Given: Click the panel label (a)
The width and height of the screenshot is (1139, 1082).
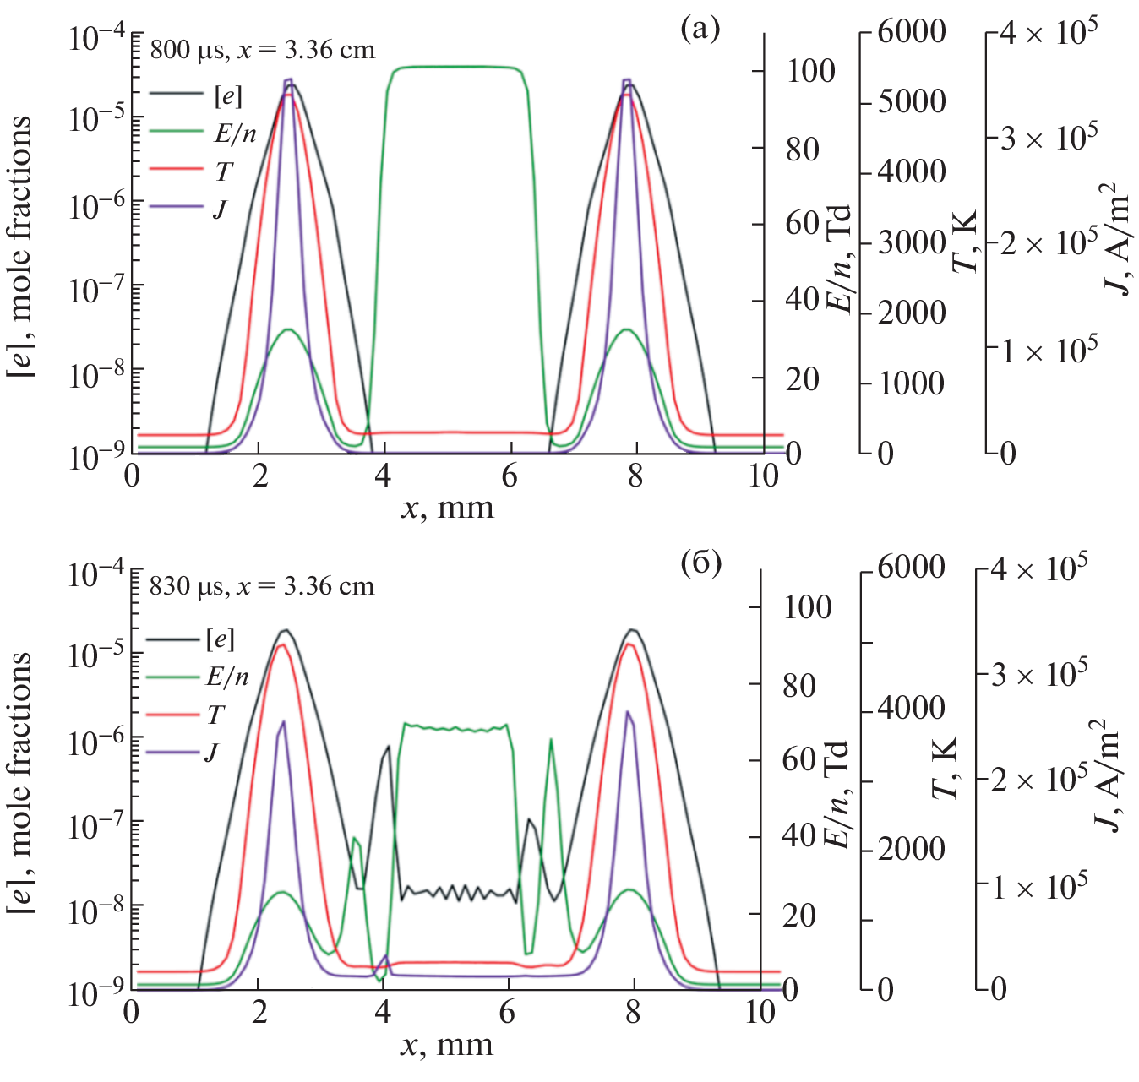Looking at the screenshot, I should pos(700,30).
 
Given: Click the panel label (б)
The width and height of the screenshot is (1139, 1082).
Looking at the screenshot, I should pos(701,563).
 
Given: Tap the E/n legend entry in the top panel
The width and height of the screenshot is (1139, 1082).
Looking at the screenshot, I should pos(235,133).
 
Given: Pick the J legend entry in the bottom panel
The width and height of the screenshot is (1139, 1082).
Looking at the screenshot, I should pos(210,752).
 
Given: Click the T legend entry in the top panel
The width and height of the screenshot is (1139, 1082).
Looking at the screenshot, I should pos(223,171).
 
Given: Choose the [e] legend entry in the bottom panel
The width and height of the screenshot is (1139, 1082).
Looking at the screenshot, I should pos(221,639).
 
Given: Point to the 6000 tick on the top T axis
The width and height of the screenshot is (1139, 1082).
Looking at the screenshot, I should pos(911,32).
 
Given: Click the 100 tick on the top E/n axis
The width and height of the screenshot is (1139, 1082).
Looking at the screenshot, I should pos(810,71).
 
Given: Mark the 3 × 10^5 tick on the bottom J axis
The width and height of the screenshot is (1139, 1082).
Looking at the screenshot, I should pos(1038,674).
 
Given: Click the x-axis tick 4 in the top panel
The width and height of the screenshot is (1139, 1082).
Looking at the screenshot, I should pos(384,476).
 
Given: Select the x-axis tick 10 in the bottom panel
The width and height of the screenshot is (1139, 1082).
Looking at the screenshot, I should pos(760,1011).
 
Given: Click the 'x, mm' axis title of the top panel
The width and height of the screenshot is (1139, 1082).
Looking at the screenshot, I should pos(447,508).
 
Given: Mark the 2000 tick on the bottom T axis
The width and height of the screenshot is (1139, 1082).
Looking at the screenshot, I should pos(911,849).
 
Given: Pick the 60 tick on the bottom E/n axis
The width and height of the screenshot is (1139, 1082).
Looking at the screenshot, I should pos(798,759).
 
